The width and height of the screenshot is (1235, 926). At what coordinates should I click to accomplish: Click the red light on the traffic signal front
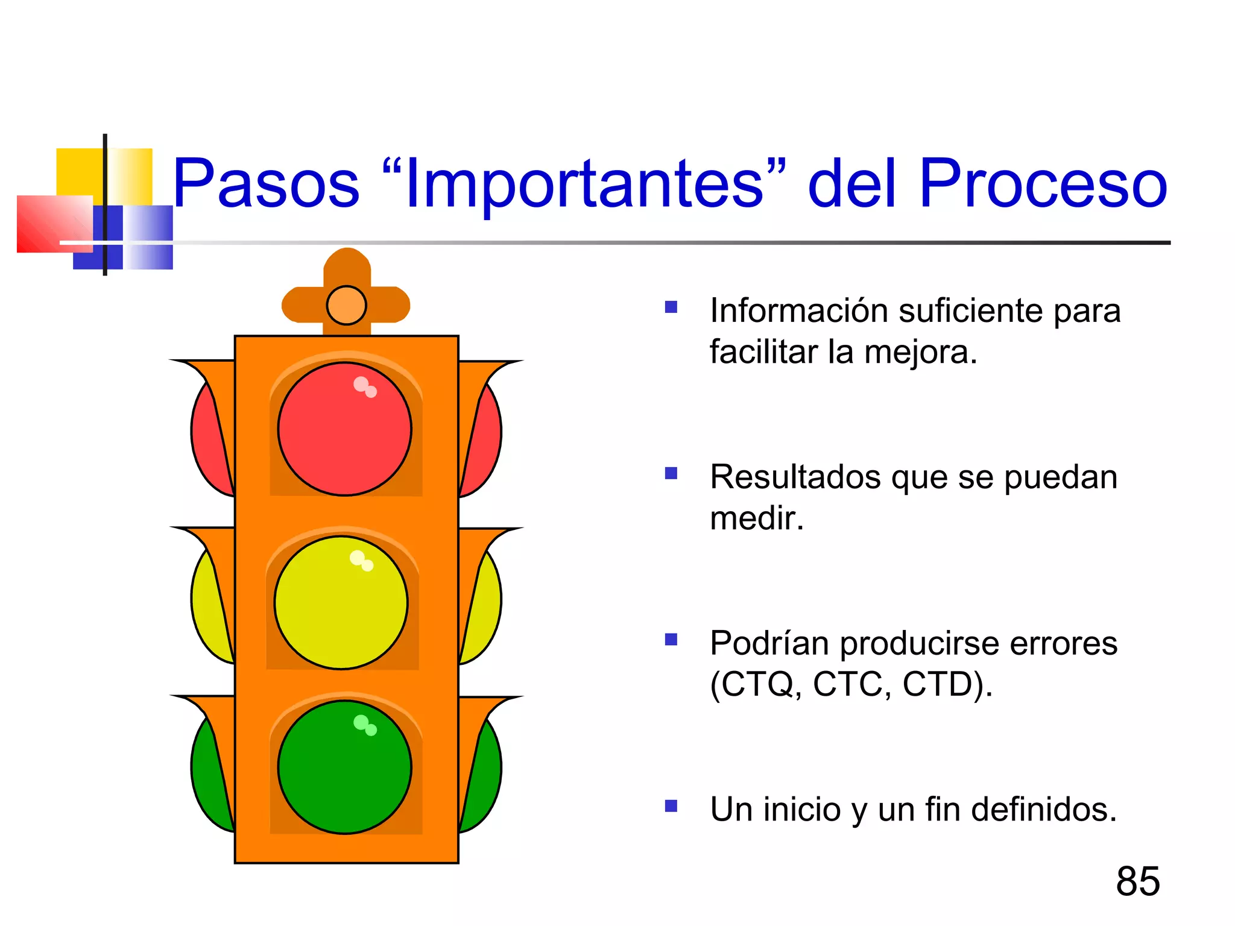pyautogui.click(x=344, y=429)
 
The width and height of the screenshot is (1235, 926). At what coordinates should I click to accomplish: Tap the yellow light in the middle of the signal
pyautogui.click(x=341, y=602)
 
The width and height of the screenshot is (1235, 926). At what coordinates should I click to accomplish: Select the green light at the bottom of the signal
pyautogui.click(x=344, y=767)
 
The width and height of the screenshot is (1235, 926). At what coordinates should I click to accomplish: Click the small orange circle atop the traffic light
pyautogui.click(x=346, y=305)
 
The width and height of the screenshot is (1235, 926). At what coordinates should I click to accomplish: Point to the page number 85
pyautogui.click(x=1137, y=881)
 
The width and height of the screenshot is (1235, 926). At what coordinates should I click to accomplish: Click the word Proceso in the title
pyautogui.click(x=1043, y=183)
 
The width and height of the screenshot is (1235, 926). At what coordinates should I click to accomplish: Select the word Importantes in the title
pyautogui.click(x=584, y=184)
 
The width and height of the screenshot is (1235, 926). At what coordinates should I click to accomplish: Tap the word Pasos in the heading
pyautogui.click(x=266, y=183)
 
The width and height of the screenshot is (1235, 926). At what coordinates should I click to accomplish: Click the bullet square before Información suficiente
pyautogui.click(x=671, y=307)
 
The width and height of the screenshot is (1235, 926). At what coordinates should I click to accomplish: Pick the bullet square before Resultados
pyautogui.click(x=671, y=473)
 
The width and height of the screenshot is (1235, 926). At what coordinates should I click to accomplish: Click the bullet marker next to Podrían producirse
pyautogui.click(x=671, y=639)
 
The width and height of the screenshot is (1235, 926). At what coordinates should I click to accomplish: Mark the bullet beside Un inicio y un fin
pyautogui.click(x=671, y=806)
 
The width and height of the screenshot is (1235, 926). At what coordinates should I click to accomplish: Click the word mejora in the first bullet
pyautogui.click(x=920, y=352)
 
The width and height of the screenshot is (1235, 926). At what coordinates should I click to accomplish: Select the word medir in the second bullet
pyautogui.click(x=756, y=518)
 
